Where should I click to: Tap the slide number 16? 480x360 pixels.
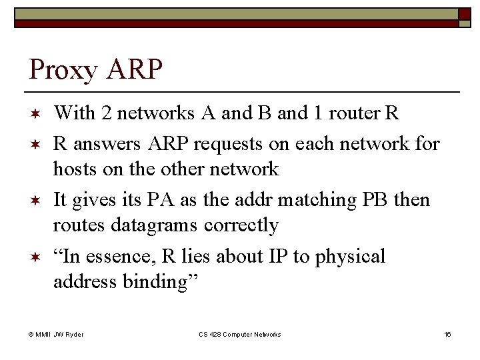447,334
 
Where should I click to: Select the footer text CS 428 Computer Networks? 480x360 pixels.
240,334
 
